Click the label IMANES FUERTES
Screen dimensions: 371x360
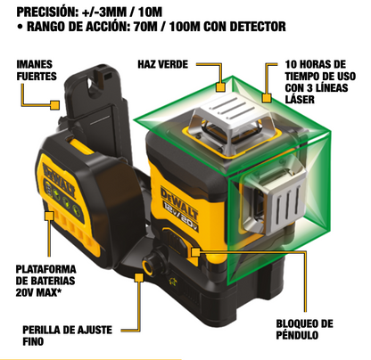point(37,70)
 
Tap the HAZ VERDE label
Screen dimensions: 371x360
point(162,64)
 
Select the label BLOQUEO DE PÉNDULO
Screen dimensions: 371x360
point(305,330)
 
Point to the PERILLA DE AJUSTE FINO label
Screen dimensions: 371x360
point(68,336)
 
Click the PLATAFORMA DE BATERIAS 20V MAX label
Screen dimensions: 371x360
point(45,281)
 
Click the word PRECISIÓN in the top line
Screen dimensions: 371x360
point(45,12)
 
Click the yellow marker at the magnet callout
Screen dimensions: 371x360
point(55,105)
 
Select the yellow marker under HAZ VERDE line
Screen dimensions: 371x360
point(220,86)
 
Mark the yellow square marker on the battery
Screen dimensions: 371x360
point(49,216)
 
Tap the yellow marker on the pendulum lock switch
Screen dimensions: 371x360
point(195,252)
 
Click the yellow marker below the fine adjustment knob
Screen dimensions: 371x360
point(139,278)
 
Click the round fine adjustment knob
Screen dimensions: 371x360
point(148,263)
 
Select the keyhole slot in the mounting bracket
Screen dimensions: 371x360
point(91,84)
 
